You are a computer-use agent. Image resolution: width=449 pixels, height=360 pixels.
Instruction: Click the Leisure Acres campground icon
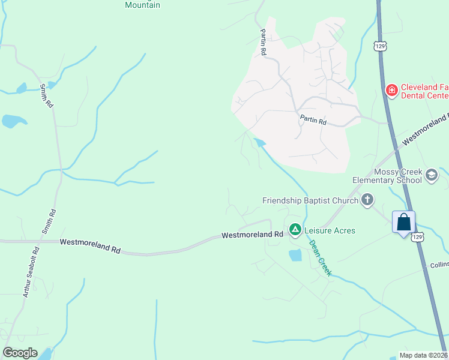point(295,229)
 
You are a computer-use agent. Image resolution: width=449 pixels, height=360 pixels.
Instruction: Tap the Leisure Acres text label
point(330,230)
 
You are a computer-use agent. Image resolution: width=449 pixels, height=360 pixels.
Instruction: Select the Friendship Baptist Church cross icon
point(367,200)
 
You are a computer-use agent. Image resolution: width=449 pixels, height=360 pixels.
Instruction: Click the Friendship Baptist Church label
point(310,200)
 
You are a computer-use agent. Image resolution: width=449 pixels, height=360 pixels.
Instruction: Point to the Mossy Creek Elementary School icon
point(431,175)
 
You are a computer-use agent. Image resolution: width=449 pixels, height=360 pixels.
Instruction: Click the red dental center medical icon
point(391,90)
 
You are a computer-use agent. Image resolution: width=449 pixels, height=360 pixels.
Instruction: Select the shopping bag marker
point(404,222)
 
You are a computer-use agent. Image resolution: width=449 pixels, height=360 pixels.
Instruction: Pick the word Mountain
point(142,5)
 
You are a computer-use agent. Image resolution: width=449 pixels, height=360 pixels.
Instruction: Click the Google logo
point(20,353)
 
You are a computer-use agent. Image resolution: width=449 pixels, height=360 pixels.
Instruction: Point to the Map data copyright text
point(423,355)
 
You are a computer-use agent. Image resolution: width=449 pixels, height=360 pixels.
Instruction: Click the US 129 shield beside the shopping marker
point(418,236)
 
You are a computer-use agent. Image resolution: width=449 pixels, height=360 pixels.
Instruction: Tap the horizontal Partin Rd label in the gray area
point(313,121)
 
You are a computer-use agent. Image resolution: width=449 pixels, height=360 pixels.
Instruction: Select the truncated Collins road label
point(439,265)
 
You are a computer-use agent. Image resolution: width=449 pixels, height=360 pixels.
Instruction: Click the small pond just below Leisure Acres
point(295,256)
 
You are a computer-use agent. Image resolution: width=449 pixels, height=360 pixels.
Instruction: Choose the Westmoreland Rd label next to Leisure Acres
point(252,235)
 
